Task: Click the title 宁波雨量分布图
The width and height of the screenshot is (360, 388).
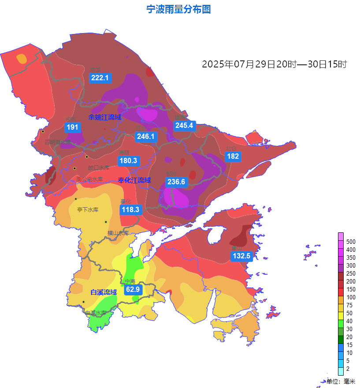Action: [x=178, y=9]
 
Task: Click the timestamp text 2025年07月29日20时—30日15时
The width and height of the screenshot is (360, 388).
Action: [x=275, y=64]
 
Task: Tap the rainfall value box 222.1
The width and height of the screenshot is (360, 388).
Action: [x=100, y=78]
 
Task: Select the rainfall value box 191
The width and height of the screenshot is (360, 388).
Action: [x=72, y=127]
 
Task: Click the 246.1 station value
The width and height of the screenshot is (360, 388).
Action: [x=145, y=137]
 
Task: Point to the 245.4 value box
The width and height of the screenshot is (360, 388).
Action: [x=184, y=126]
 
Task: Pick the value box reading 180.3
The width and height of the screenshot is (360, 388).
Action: [x=128, y=161]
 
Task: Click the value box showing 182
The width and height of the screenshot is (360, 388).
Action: [x=233, y=157]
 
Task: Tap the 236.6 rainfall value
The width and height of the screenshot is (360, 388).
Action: [x=176, y=182]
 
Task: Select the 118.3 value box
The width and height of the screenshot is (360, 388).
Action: [x=130, y=210]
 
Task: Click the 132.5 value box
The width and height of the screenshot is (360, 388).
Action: [x=241, y=256]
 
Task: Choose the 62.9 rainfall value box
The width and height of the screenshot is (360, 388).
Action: [x=132, y=290]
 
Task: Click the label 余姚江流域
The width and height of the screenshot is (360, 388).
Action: [x=104, y=117]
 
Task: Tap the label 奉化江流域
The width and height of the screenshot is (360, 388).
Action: [x=134, y=180]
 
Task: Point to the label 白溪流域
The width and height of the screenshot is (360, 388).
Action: [x=104, y=292]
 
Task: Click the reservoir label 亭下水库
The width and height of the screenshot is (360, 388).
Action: [x=88, y=210]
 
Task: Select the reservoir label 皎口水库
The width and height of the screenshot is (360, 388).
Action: [x=99, y=168]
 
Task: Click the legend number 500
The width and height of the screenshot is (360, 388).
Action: [x=351, y=242]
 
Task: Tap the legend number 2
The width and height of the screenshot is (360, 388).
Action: [x=348, y=369]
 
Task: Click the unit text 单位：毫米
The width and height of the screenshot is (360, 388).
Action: [x=341, y=381]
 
